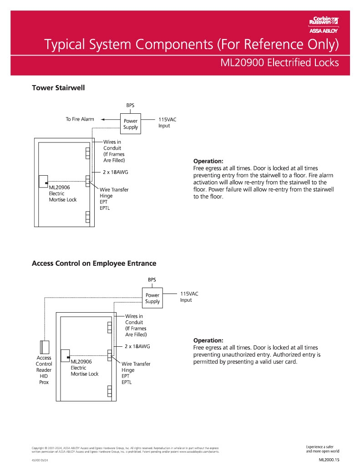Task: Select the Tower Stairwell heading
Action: point(58,88)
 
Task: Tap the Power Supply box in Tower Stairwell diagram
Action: point(131,124)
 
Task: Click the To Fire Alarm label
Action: point(80,119)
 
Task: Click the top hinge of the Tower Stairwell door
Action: point(87,153)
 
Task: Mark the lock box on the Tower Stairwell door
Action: point(44,181)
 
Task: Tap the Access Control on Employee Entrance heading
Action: point(94,263)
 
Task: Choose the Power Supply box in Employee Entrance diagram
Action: point(152,299)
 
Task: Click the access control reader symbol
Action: point(45,347)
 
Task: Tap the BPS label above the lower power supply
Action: point(152,279)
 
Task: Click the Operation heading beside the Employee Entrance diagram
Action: point(208,340)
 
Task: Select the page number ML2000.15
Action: point(329,460)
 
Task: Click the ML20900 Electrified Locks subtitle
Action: point(279,62)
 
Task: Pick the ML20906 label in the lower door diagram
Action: point(81,362)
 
